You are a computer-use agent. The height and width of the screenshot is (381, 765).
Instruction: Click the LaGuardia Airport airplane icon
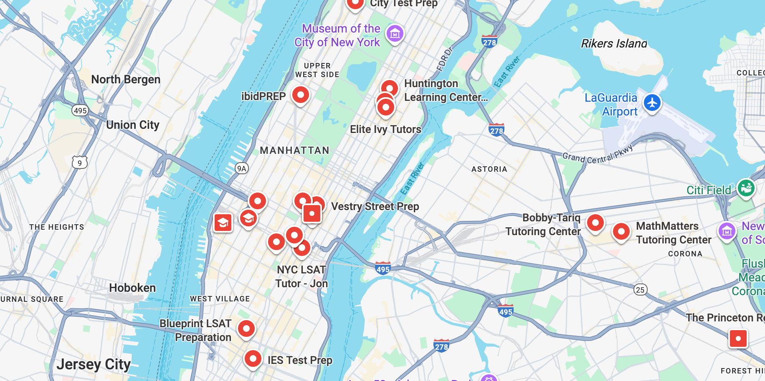click(652, 103)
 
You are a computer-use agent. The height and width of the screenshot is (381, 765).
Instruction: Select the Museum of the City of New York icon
click(395, 33)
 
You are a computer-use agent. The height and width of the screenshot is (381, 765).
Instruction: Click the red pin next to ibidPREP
click(300, 95)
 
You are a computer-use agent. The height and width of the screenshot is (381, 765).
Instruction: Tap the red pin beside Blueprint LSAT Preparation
click(246, 328)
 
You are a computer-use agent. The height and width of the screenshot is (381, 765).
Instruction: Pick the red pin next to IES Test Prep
click(253, 358)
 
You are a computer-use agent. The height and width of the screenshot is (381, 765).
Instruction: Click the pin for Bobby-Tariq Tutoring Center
click(595, 223)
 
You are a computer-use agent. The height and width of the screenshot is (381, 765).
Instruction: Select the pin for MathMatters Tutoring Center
click(621, 231)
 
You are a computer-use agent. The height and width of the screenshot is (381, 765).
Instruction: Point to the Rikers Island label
click(613, 43)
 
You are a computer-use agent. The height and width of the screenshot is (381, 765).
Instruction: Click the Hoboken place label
click(132, 288)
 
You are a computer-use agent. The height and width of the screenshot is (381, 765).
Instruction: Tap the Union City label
click(133, 125)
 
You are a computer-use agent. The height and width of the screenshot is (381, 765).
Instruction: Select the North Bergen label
click(126, 79)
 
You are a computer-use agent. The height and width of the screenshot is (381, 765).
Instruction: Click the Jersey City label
click(94, 364)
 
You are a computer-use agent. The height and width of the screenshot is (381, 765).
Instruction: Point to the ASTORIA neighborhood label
click(489, 169)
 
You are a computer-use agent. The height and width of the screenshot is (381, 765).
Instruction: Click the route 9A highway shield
click(241, 168)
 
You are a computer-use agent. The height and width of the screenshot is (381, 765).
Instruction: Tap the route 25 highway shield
click(640, 290)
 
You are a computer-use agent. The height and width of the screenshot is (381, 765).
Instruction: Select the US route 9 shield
click(80, 163)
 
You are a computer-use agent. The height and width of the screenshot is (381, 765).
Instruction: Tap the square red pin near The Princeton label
click(738, 338)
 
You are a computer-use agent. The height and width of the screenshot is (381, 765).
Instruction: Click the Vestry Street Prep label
click(375, 206)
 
